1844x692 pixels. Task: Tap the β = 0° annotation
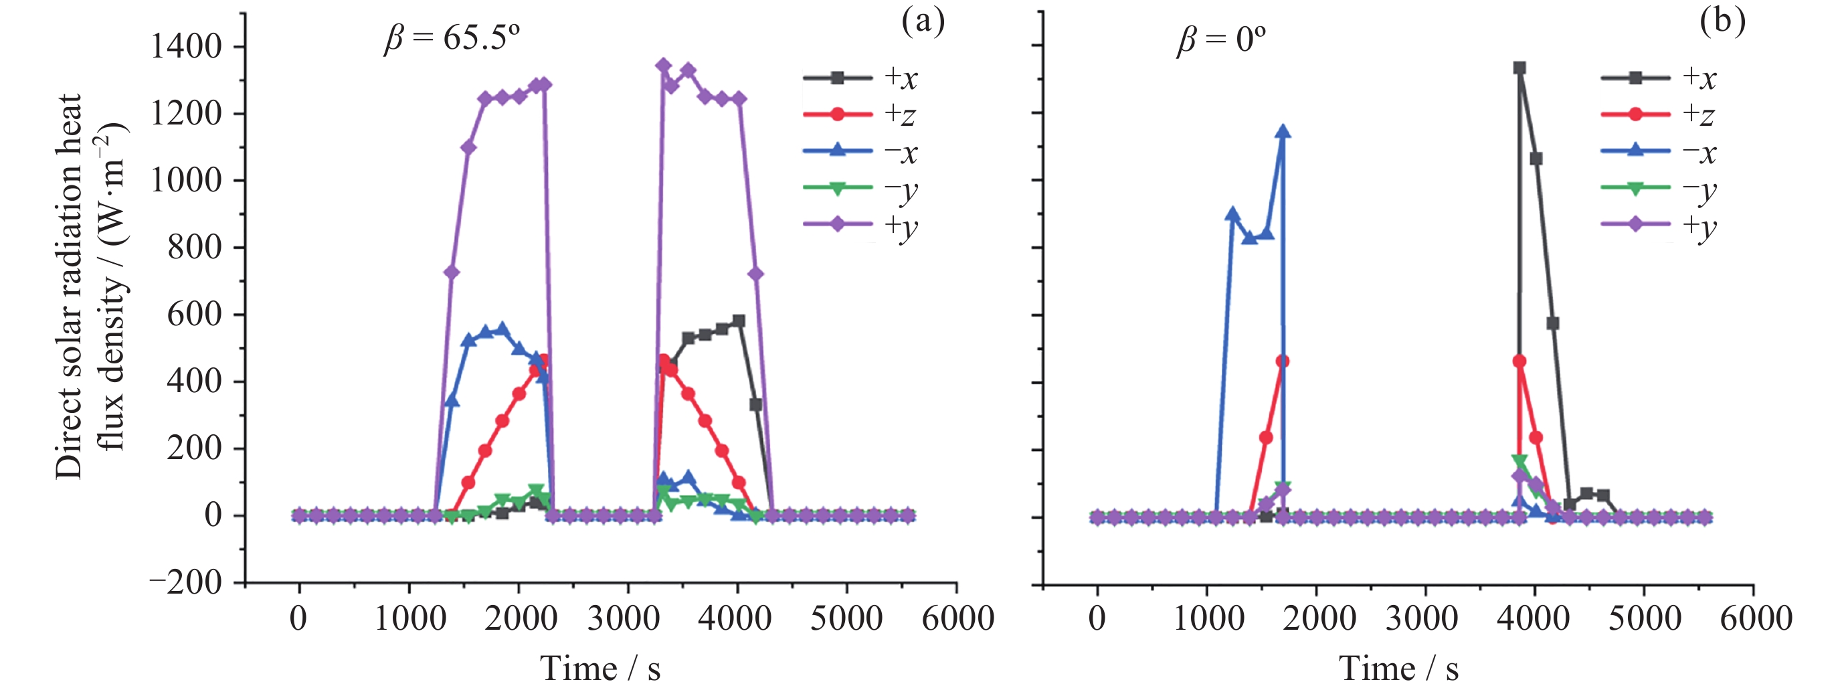point(1221,39)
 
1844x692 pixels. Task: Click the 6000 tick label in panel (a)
point(957,618)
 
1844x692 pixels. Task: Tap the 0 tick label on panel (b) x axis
point(1097,618)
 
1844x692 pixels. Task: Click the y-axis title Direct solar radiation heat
point(70,286)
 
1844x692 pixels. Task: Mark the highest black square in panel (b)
point(1519,68)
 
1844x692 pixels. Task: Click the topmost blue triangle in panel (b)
point(1283,132)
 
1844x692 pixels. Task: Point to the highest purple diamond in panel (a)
point(664,66)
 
